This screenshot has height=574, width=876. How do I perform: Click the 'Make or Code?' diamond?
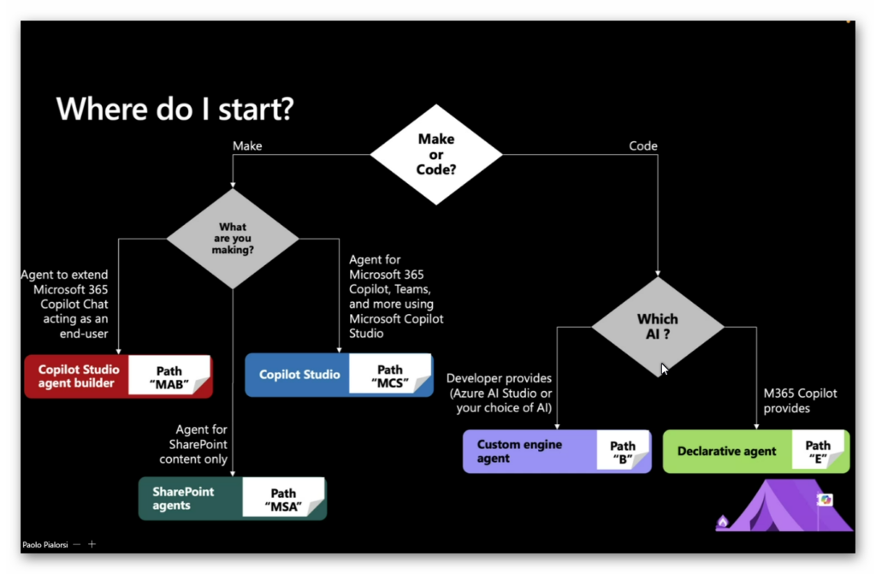click(436, 154)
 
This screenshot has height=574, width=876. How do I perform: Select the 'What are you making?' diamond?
click(233, 239)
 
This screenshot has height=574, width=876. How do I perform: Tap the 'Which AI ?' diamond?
click(658, 327)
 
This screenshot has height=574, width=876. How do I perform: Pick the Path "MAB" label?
click(169, 377)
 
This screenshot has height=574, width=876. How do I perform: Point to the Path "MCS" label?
click(390, 376)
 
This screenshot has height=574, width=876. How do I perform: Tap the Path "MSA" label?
click(283, 499)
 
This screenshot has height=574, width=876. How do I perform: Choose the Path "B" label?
click(623, 452)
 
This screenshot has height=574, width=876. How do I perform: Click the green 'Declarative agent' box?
click(727, 451)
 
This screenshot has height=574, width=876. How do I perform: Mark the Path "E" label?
click(818, 452)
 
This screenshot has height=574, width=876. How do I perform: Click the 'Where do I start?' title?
click(175, 109)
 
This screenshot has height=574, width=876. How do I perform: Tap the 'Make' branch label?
click(247, 146)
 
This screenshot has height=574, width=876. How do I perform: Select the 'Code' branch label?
click(643, 146)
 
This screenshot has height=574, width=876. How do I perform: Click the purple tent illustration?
click(785, 506)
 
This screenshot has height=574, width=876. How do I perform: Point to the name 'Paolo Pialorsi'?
click(44, 544)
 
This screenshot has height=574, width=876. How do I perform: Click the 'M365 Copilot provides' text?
click(800, 400)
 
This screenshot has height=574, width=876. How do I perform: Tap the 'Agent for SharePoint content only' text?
click(193, 444)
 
